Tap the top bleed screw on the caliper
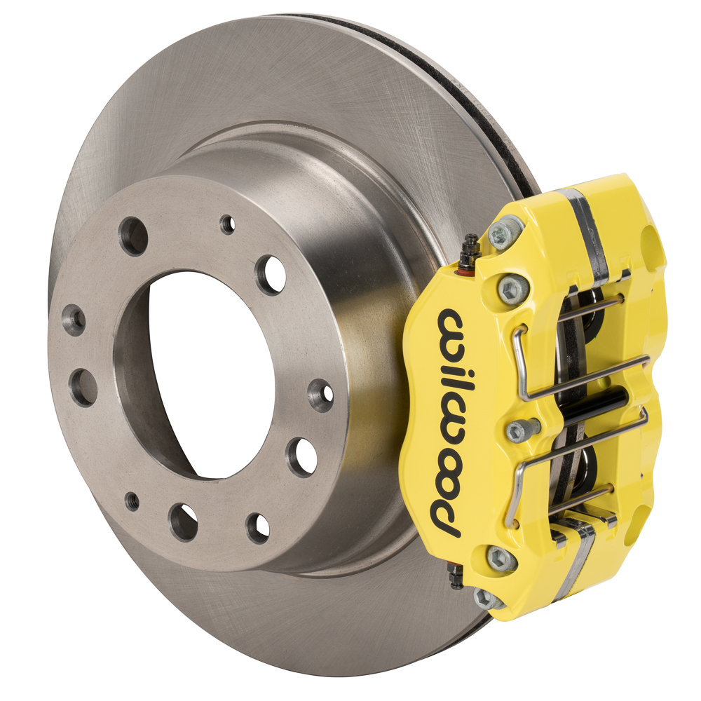[471, 251]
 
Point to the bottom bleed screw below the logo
[456, 578]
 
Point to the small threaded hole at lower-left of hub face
[132, 498]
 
